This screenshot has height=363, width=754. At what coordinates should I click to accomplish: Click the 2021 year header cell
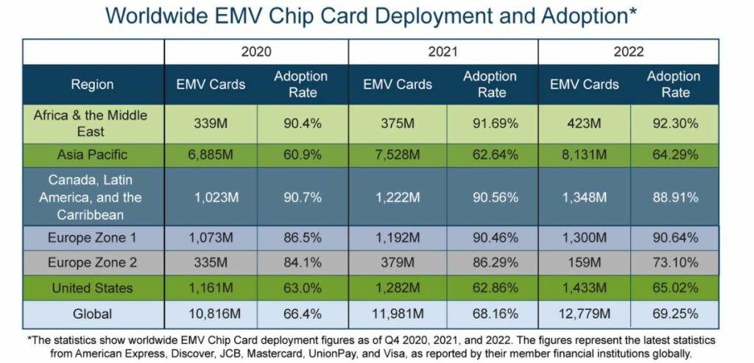point(443,52)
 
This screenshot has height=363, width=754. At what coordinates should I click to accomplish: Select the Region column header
point(92,85)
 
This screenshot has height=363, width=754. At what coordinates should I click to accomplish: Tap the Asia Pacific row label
point(92,155)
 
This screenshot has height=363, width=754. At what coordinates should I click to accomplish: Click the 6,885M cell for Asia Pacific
point(211,155)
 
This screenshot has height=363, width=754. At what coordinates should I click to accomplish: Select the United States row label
point(92,288)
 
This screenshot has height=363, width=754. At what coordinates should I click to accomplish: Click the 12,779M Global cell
point(584,314)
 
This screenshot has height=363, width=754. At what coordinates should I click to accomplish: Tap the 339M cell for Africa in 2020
point(211,124)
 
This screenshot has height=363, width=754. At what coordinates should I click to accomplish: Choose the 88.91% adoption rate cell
point(674,197)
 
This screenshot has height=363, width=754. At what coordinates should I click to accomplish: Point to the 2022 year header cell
point(628,52)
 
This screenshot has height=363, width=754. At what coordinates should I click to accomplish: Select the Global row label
point(92,314)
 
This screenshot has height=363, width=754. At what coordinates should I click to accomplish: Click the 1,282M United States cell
point(397,288)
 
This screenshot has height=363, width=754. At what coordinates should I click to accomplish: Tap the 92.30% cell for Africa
point(674,124)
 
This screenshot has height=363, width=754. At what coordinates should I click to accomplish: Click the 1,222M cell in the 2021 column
point(397,197)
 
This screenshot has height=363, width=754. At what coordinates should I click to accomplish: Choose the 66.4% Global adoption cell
point(302,314)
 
